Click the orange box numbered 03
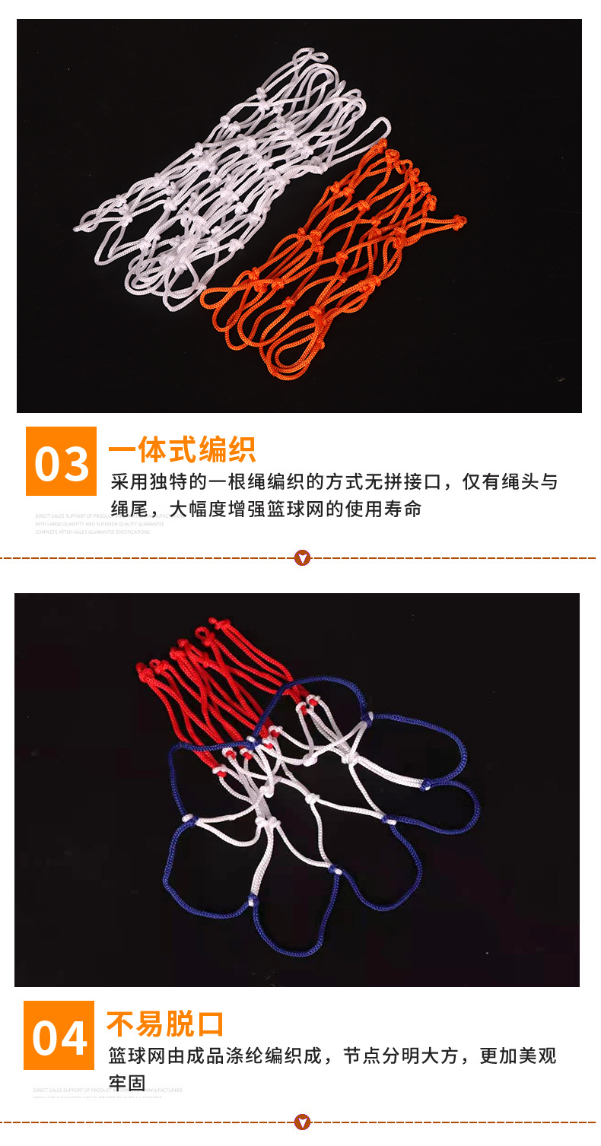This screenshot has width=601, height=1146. point(62,462)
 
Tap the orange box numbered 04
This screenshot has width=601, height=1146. point(59,1036)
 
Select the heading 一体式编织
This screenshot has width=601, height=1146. point(182,450)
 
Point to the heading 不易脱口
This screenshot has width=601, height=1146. point(165,1024)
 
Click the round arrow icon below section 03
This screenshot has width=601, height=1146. point(303,559)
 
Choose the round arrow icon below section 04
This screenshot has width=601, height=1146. point(303,1122)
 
